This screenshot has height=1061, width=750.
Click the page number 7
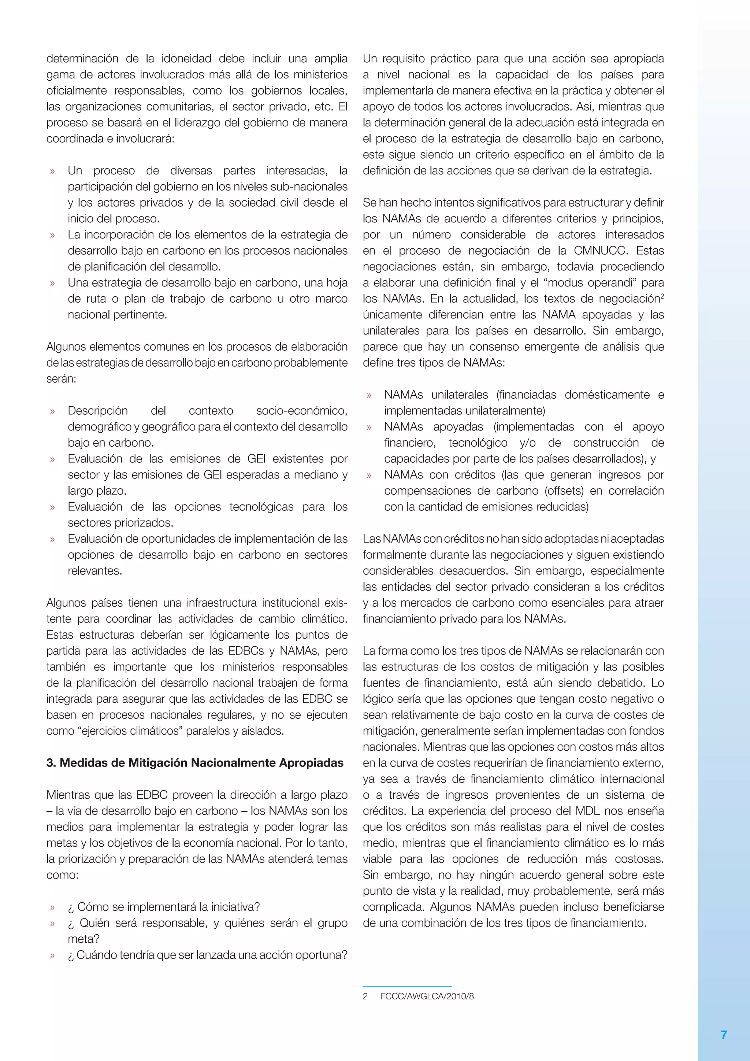pyautogui.click(x=724, y=1035)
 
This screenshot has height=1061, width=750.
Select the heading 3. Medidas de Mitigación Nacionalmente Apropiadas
pyautogui.click(x=194, y=762)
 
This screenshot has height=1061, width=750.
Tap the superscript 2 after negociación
pyautogui.click(x=662, y=296)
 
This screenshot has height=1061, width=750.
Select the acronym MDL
pyautogui.click(x=589, y=810)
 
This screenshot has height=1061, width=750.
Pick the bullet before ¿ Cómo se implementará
pyautogui.click(x=52, y=907)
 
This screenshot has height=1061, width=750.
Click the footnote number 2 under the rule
pyautogui.click(x=365, y=996)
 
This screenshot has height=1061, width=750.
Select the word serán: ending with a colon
pyautogui.click(x=61, y=378)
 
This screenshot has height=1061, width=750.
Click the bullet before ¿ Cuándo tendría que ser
pyautogui.click(x=52, y=955)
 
